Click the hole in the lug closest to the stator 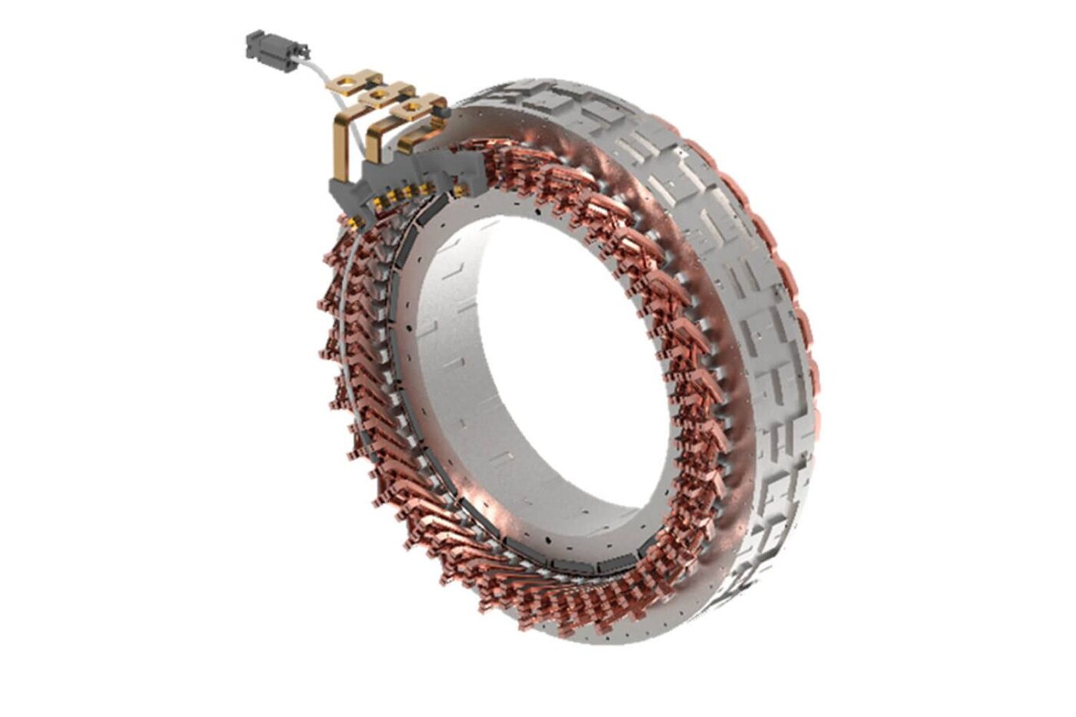click(x=412, y=107)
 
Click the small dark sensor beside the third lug click(x=443, y=112)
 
